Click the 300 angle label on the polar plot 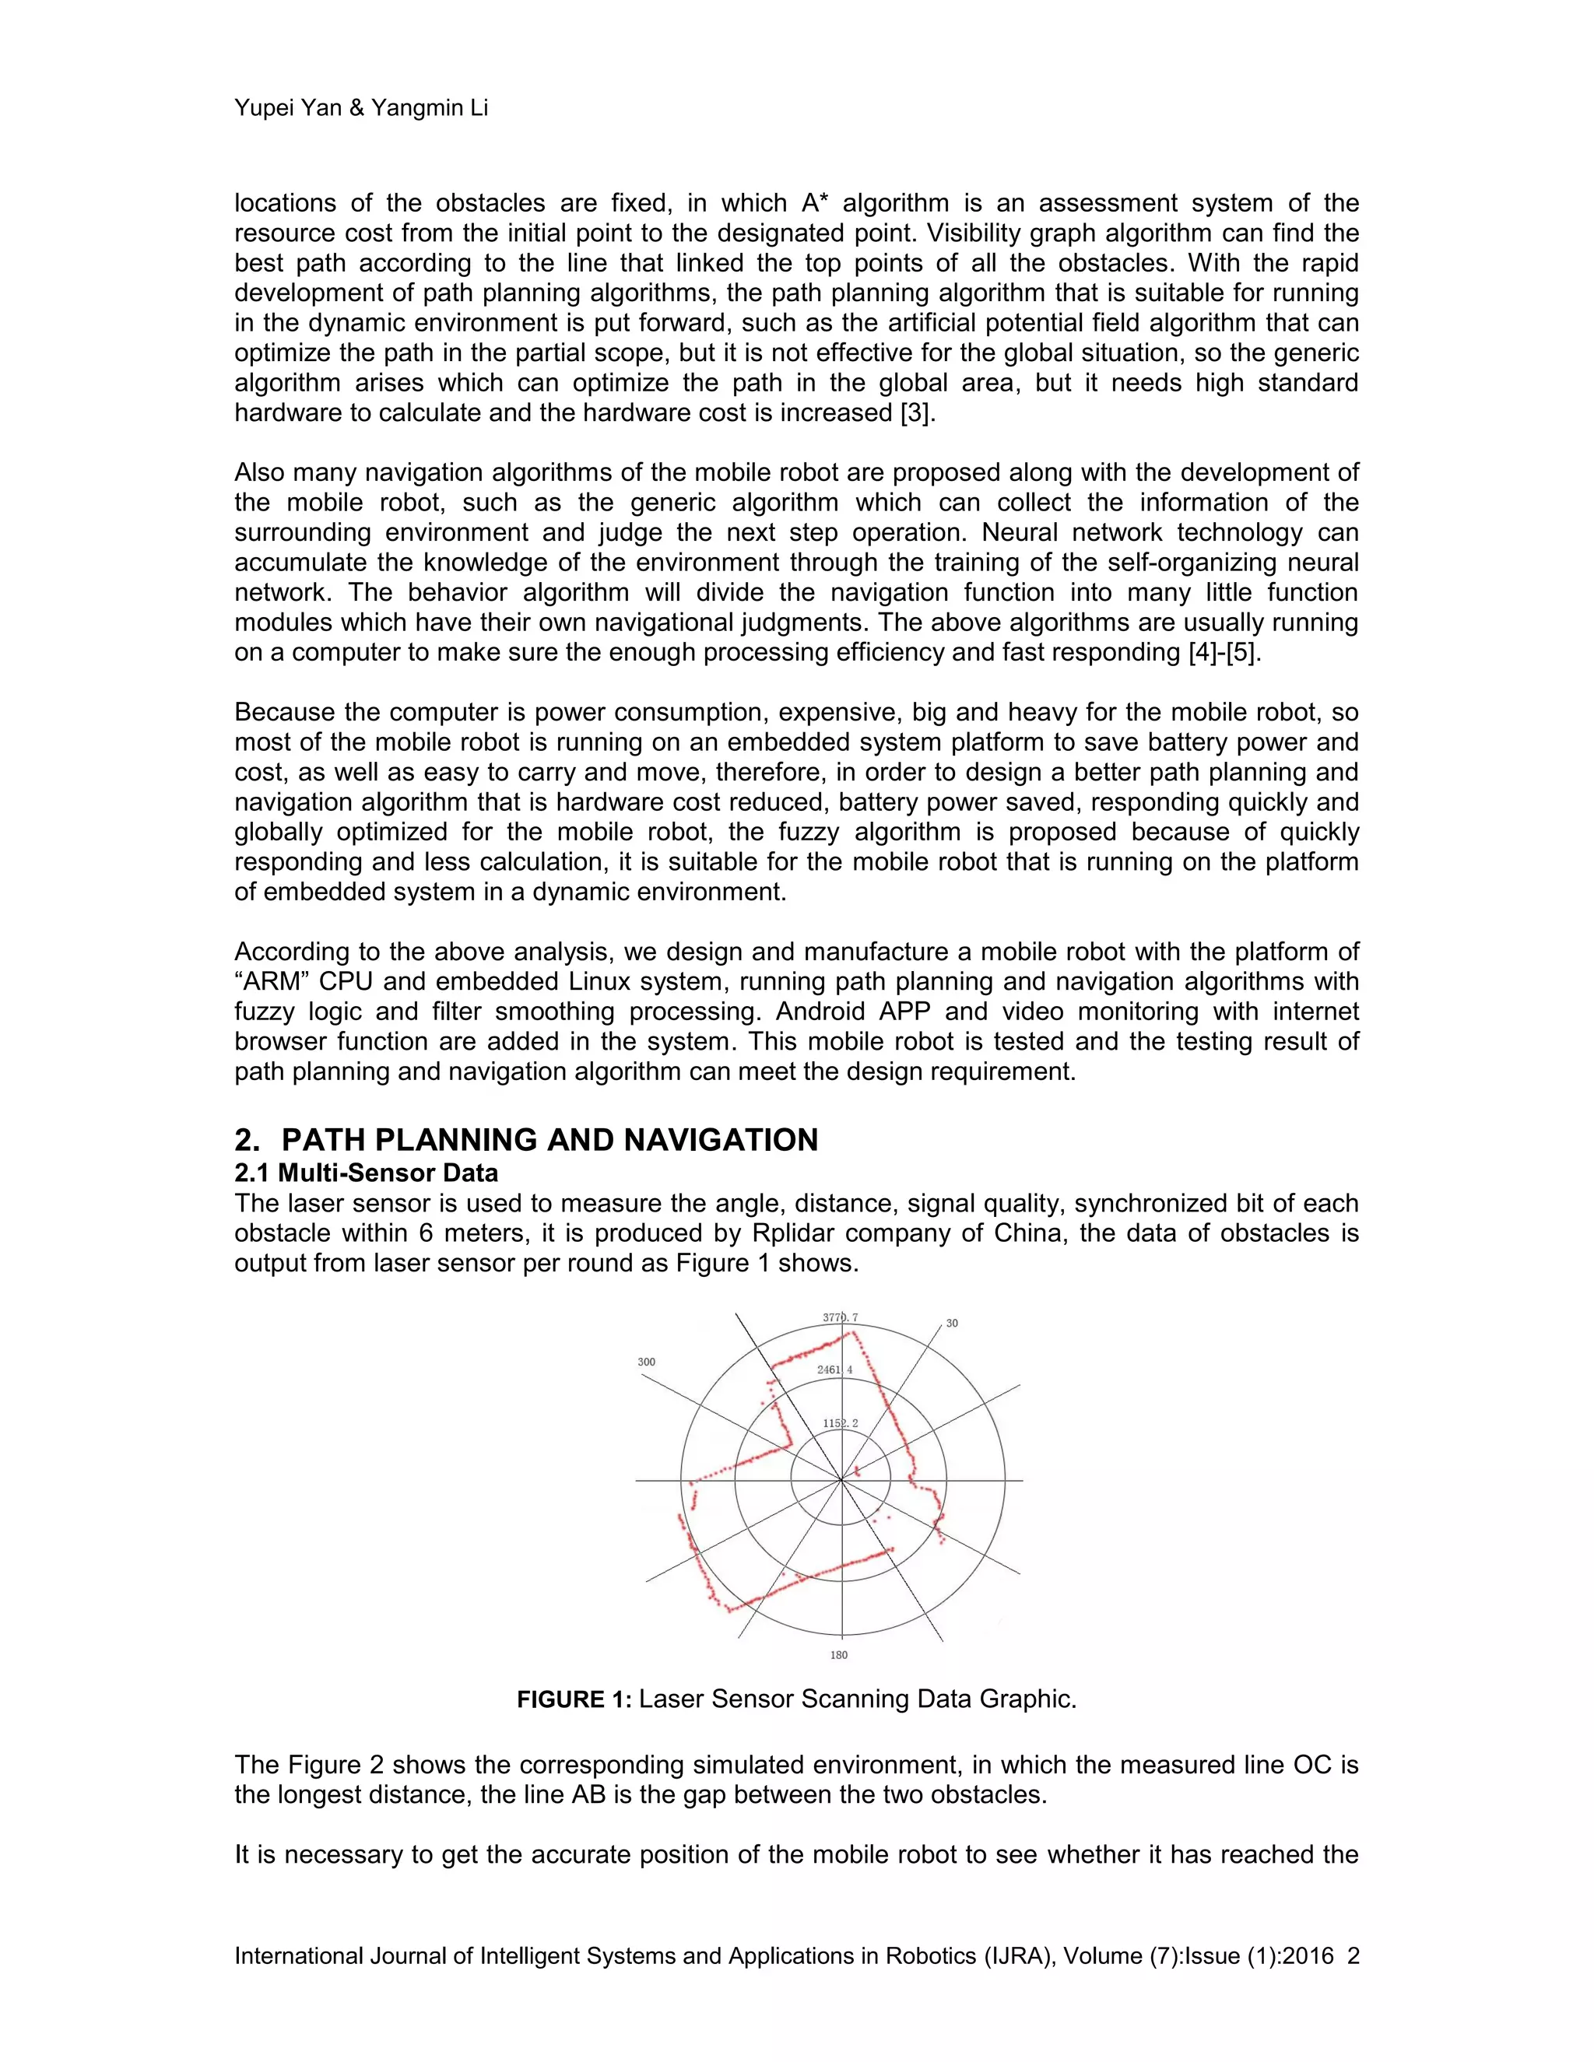click(x=646, y=1362)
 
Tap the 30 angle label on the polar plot click(x=952, y=1323)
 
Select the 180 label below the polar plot click(x=838, y=1654)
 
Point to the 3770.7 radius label click(x=840, y=1317)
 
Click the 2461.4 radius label click(x=835, y=1369)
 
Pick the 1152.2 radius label click(x=840, y=1423)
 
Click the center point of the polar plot click(x=841, y=1481)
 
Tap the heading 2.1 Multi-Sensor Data click(x=366, y=1173)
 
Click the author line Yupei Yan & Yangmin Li click(x=360, y=109)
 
